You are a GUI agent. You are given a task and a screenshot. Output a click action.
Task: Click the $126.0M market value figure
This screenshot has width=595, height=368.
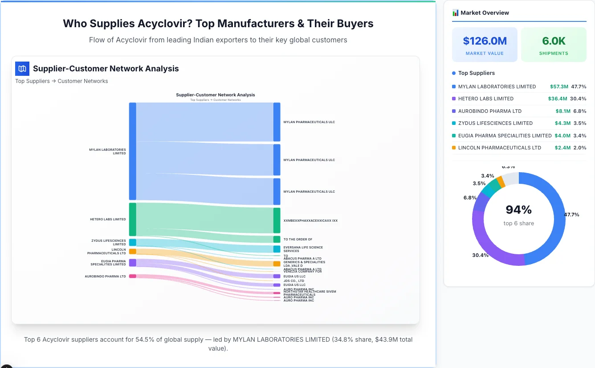(485, 41)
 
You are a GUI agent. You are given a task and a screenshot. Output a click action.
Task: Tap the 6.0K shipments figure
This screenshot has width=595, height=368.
(554, 41)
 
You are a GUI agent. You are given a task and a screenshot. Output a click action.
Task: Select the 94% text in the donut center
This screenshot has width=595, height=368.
(518, 210)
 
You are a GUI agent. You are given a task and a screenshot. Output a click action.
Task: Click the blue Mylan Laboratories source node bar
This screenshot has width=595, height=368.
(132, 151)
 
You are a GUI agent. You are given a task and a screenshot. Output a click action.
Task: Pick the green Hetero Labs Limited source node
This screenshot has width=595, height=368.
(132, 219)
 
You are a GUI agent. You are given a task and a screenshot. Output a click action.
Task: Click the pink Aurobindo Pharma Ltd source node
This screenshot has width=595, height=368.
(132, 276)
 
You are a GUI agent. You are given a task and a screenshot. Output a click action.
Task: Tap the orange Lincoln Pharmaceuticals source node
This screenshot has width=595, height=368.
(132, 252)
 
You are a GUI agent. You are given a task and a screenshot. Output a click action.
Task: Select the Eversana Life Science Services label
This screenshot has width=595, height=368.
(303, 249)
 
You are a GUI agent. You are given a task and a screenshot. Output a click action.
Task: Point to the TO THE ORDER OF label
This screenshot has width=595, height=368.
(297, 240)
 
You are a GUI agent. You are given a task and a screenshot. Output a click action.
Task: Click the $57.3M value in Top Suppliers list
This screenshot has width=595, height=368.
(559, 87)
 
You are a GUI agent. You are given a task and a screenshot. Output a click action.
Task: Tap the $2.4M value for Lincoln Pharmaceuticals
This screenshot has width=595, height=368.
(562, 148)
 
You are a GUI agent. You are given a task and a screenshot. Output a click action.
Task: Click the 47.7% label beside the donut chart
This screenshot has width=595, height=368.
(571, 215)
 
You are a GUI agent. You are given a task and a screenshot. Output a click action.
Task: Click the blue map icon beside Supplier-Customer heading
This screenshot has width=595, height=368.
(22, 69)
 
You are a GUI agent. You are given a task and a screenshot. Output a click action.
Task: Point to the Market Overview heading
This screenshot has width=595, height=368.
(485, 13)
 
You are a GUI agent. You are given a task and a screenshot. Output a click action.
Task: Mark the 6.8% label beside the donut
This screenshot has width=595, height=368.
(470, 198)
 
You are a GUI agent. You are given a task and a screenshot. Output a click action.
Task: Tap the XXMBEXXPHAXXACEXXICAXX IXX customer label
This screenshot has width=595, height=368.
(310, 220)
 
